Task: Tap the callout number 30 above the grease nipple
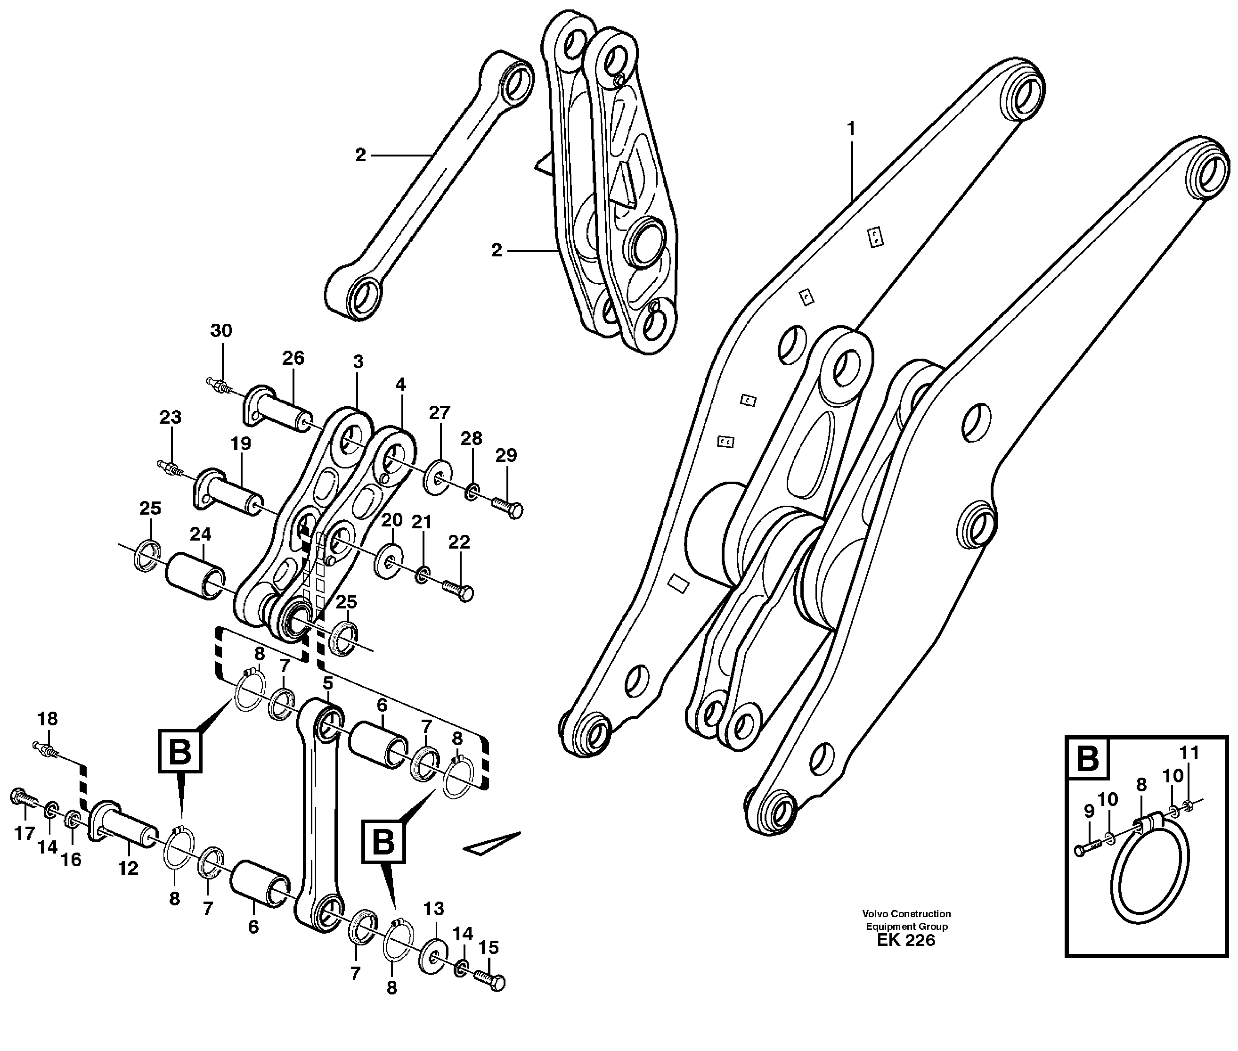pos(221,331)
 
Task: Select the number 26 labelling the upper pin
pos(293,358)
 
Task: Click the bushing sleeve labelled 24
pos(195,577)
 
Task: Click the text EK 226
pos(906,940)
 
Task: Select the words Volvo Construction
pos(906,913)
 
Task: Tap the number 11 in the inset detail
pos(1189,754)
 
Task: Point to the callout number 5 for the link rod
pos(327,683)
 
